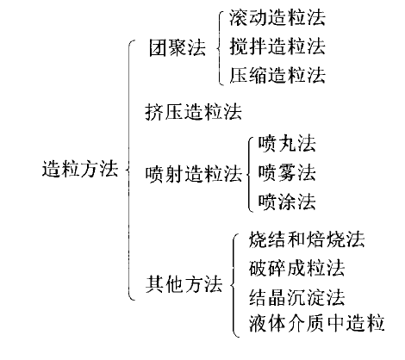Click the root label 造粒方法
pyautogui.click(x=80, y=169)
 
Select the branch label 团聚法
pyautogui.click(x=178, y=47)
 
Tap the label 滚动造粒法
pyautogui.click(x=277, y=18)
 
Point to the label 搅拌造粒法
pyautogui.click(x=277, y=47)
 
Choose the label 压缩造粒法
pyautogui.click(x=277, y=75)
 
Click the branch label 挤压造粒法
pyautogui.click(x=193, y=112)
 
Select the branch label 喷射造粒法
pyautogui.click(x=193, y=174)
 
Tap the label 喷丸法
pyautogui.click(x=287, y=144)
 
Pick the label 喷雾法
pyautogui.click(x=287, y=173)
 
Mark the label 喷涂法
pyautogui.click(x=287, y=202)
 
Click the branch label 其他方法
pyautogui.click(x=184, y=284)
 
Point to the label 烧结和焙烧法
pyautogui.click(x=307, y=239)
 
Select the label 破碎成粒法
pyautogui.click(x=296, y=269)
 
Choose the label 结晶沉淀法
pyautogui.click(x=296, y=297)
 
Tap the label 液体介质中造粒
pyautogui.click(x=316, y=323)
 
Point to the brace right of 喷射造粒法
pyautogui.click(x=247, y=173)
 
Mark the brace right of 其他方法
pyautogui.click(x=232, y=285)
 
